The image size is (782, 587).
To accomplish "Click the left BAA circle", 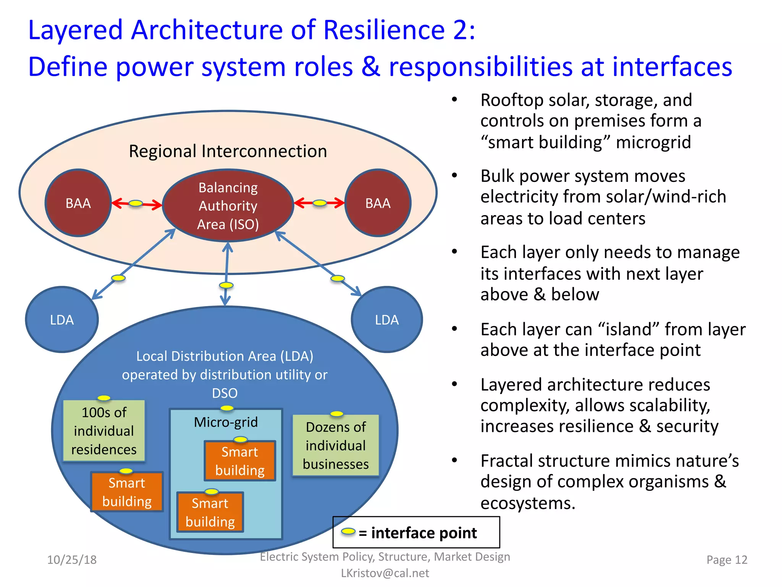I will [78, 203].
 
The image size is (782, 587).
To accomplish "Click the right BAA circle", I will [378, 203].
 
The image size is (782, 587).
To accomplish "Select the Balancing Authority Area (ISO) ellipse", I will [228, 206].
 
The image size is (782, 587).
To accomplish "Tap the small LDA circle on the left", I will [62, 319].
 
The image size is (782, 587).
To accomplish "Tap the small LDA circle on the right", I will [387, 319].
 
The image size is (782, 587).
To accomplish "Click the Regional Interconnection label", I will [228, 151].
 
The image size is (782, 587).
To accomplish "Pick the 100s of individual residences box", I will [104, 431].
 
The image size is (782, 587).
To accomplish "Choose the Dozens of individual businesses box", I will [336, 445].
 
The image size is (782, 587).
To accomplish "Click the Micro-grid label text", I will [226, 422].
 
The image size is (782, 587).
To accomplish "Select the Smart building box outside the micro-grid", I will [127, 492].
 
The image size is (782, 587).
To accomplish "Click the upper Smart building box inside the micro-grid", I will [240, 461].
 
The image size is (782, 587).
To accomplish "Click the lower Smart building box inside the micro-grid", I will [210, 512].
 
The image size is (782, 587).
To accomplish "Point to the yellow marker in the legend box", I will [348, 532].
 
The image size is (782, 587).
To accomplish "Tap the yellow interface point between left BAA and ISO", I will [136, 203].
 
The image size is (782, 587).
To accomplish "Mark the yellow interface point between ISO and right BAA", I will [320, 203].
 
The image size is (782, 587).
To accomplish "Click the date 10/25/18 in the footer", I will [72, 560].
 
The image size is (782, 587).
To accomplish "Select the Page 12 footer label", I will [727, 560].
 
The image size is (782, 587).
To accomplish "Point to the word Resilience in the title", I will [384, 30].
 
